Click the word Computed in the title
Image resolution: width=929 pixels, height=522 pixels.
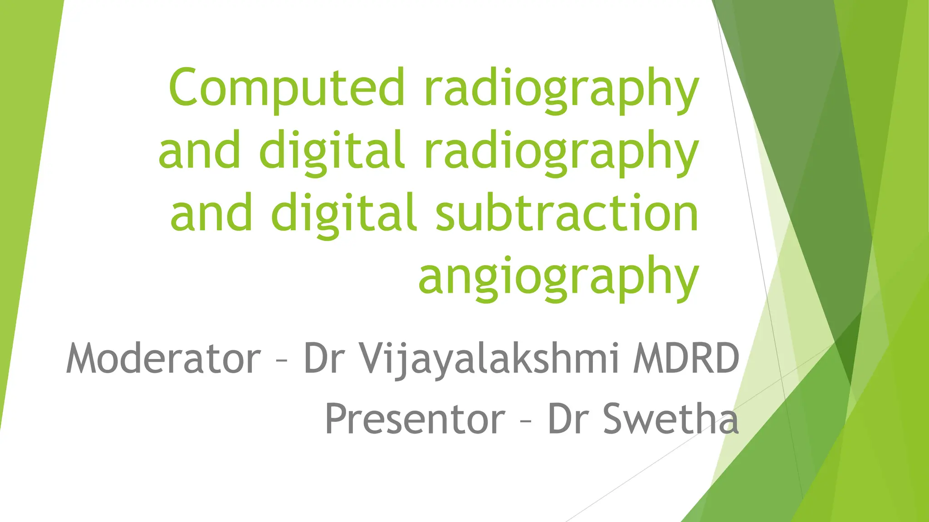(x=286, y=87)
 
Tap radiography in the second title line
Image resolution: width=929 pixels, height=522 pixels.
(x=562, y=151)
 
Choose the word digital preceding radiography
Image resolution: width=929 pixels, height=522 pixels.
(x=332, y=151)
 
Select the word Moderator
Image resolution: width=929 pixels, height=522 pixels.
(x=164, y=358)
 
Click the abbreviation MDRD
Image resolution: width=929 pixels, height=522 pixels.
(x=686, y=358)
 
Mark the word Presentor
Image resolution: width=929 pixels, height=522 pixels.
(x=415, y=419)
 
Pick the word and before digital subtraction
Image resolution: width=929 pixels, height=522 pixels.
(x=211, y=213)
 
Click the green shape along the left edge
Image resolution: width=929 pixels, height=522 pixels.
(x=23, y=181)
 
